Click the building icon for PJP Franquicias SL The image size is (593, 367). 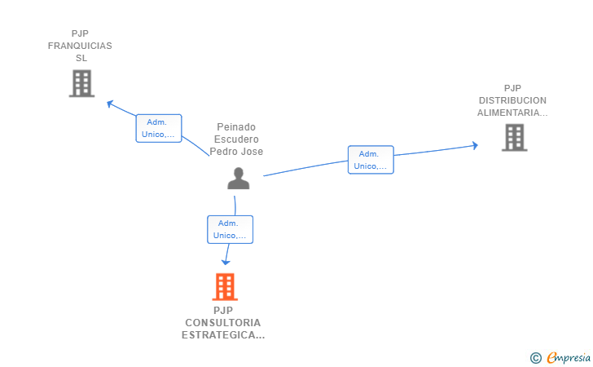(81, 83)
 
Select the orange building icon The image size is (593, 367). (225, 286)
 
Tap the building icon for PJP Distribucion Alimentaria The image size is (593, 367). (514, 137)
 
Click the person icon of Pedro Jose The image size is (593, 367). (238, 178)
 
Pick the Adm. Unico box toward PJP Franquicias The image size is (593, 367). (158, 128)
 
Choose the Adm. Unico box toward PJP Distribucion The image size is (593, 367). (371, 160)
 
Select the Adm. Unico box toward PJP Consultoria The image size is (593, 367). (230, 229)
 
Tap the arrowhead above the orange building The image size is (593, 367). (226, 262)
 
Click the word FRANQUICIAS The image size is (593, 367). (80, 46)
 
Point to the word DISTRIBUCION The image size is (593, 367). (512, 100)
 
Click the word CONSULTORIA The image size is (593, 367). (223, 322)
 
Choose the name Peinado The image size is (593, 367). (236, 127)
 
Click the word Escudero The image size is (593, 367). (236, 139)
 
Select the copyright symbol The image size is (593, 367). (535, 357)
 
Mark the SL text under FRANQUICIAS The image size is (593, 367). (81, 58)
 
